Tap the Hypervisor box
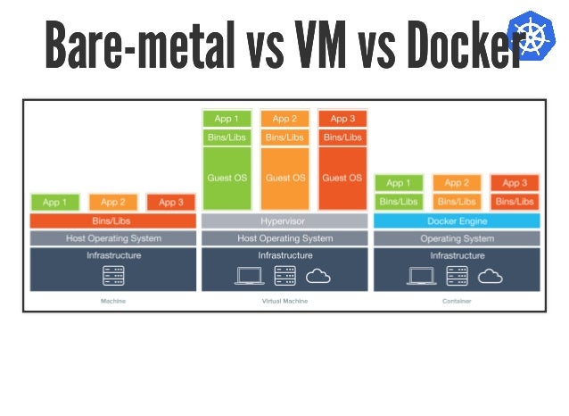coord(284,220)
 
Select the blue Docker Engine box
coord(457,220)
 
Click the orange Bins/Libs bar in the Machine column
coord(113,220)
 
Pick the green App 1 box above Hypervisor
coord(227,119)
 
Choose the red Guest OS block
coord(342,178)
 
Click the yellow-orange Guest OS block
coord(284,178)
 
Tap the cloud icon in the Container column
coord(491,276)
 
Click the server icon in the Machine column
coord(113,276)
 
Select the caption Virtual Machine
coord(284,302)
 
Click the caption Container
coord(457,302)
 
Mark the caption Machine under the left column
coord(113,302)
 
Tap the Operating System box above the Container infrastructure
coord(457,238)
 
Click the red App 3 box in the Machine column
coord(171,203)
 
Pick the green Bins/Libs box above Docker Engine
coord(399,202)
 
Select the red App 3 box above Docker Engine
coord(515,183)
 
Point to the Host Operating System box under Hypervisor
coord(284,238)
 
